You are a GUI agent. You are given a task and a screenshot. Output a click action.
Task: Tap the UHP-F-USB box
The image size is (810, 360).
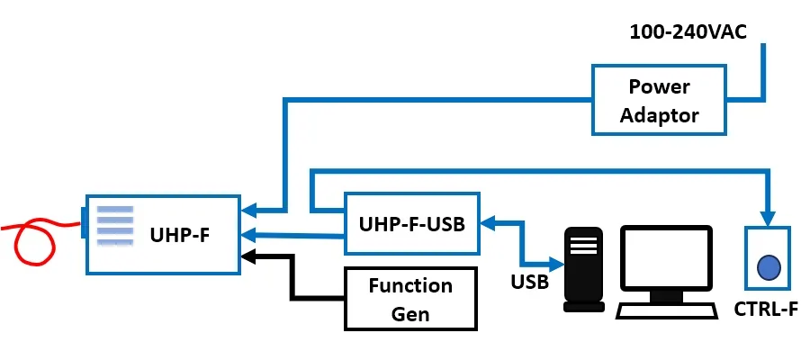click(x=412, y=223)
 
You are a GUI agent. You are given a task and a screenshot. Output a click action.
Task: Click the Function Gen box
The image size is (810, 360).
click(x=410, y=300)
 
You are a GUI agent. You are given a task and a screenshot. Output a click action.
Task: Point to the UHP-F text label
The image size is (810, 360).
click(x=184, y=235)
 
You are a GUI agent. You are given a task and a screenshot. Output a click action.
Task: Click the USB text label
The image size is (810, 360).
click(x=530, y=283)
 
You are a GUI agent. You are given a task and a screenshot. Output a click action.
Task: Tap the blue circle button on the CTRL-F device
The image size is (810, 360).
click(x=769, y=267)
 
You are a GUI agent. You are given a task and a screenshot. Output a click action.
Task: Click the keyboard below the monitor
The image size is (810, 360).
click(x=667, y=311)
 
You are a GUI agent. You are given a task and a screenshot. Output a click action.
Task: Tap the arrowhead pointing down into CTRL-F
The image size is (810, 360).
click(x=768, y=219)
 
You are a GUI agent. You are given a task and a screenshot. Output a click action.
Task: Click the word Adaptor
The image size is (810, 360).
click(x=659, y=115)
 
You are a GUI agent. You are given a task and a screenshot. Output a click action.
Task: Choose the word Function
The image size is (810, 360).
click(x=410, y=286)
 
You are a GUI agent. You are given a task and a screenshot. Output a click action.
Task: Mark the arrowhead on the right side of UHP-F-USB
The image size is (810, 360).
click(x=488, y=221)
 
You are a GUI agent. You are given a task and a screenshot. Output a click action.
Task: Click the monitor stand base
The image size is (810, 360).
click(x=667, y=296)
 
